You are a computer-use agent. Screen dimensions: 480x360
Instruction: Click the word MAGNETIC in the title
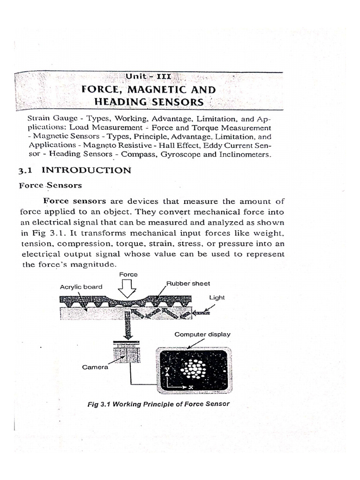(x=152, y=89)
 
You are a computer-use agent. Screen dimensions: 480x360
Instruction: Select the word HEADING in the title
(x=121, y=102)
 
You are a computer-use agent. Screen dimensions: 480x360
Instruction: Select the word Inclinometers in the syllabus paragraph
(x=242, y=154)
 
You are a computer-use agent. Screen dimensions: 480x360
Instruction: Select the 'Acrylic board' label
(x=81, y=287)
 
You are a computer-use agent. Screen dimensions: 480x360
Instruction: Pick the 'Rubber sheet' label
(x=188, y=283)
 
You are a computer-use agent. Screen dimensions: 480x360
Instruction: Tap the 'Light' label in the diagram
(x=217, y=297)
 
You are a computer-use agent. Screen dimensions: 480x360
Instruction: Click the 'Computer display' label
(x=202, y=334)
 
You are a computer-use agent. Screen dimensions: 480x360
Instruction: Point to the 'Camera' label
(x=95, y=367)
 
